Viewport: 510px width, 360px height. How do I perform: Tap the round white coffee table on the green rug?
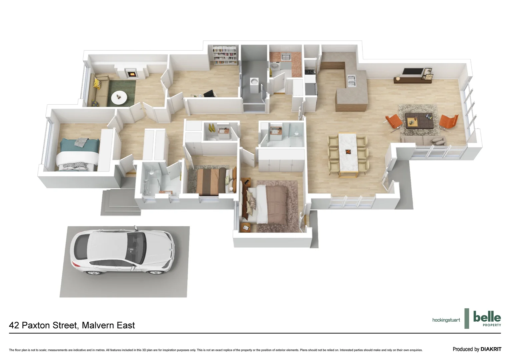coord(119,97)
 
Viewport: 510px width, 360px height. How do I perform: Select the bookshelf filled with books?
coord(225,55)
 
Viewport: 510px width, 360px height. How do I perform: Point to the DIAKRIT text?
coord(491,349)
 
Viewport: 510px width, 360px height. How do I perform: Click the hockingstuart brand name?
coord(446,320)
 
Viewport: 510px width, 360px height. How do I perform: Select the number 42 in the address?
coord(14,325)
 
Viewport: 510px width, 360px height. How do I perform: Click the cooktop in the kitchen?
coord(310,71)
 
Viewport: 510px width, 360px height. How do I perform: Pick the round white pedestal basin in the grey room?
coord(255,82)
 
